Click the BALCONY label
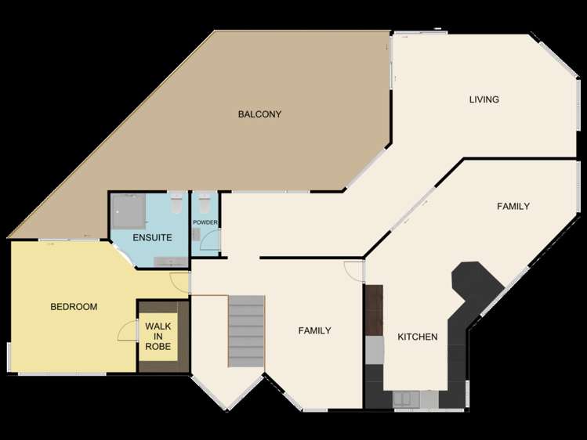[x=259, y=114]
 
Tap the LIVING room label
[x=484, y=99]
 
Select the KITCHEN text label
[x=417, y=337]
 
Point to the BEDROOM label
[x=74, y=307]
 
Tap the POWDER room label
[x=205, y=223]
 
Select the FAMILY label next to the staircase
[x=314, y=330]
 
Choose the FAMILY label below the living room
[x=513, y=206]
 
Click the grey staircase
[x=246, y=330]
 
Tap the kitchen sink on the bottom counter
[x=405, y=399]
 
